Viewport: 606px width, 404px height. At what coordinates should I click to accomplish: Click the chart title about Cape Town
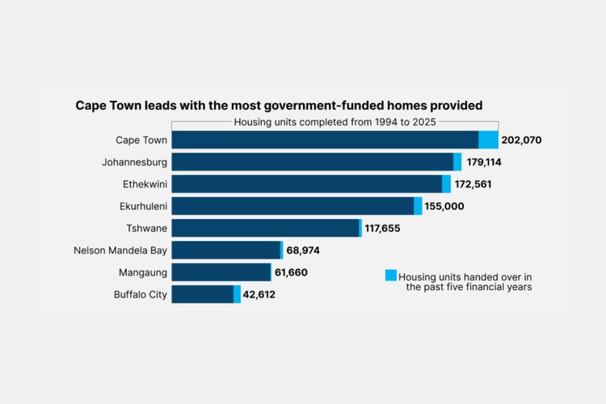[280, 105]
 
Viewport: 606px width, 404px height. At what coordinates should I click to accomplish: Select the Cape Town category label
[141, 140]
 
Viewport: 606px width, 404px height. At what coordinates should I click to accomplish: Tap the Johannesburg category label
[135, 162]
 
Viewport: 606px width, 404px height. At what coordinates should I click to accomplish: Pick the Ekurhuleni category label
[143, 206]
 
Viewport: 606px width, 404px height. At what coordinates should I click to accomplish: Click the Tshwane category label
[147, 228]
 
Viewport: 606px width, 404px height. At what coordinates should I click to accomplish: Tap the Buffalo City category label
[141, 294]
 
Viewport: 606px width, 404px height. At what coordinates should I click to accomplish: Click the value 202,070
[521, 140]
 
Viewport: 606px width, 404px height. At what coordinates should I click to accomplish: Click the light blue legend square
[391, 276]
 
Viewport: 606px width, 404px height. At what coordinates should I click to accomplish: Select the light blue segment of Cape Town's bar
[488, 140]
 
